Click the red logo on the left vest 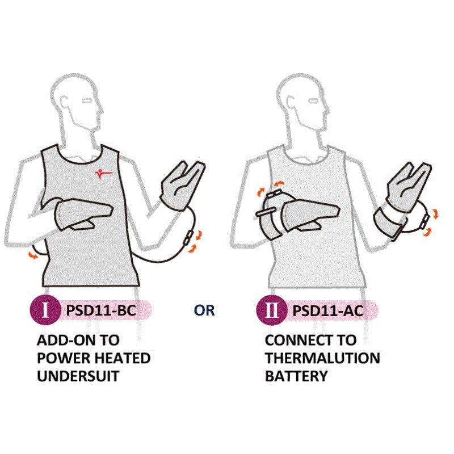pos(103,174)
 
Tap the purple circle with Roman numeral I pos(45,310)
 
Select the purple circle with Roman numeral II pos(271,310)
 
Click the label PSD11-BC pos(101,310)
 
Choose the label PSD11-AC pos(327,310)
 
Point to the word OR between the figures pos(204,310)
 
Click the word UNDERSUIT pos(78,376)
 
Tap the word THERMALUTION pos(322,358)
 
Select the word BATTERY pos(296,376)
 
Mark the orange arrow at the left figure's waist pos(33,255)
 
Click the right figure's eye pos(313,102)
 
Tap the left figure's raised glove pos(182,186)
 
